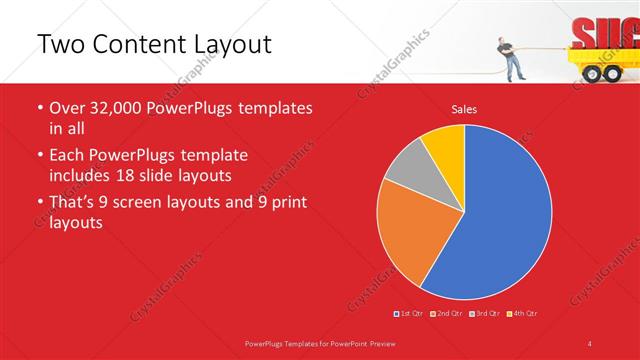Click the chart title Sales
(463, 108)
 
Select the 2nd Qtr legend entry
(446, 314)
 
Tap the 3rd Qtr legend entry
(485, 314)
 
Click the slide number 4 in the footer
(590, 343)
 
